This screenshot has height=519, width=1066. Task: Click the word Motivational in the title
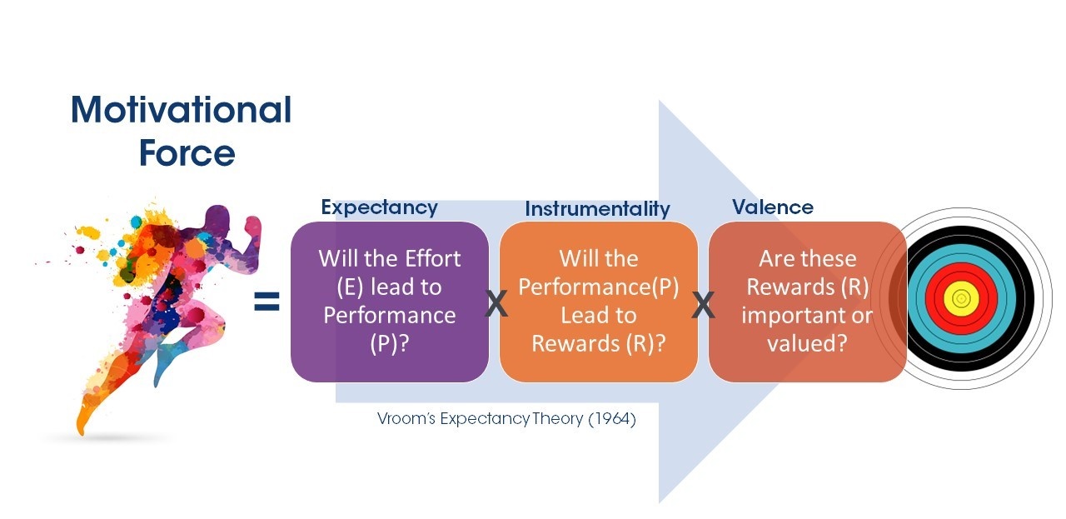[182, 111]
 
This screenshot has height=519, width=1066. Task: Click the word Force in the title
[187, 153]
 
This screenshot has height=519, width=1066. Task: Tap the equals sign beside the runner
[266, 302]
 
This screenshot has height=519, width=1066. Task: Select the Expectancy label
[379, 207]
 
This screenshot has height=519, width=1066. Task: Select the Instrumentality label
[597, 209]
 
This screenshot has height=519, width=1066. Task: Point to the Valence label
[773, 207]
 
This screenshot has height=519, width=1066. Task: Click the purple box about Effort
[389, 302]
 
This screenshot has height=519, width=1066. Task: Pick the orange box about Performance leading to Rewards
[598, 302]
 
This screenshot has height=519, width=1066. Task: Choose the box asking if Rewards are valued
[807, 302]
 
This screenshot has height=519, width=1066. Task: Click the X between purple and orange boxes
[496, 305]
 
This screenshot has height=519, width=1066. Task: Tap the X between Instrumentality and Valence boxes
[704, 305]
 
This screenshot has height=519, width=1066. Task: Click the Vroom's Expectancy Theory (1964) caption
[506, 419]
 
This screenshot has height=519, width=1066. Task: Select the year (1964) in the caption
[612, 419]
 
